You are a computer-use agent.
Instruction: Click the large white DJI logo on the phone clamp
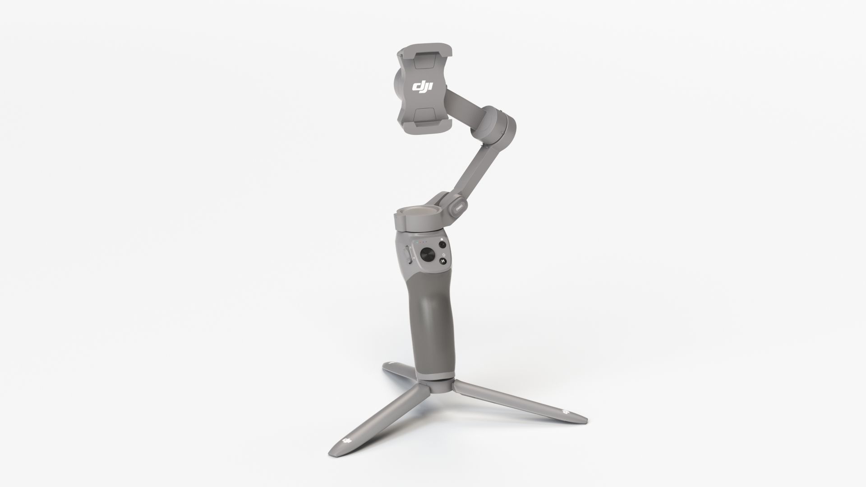pos(420,87)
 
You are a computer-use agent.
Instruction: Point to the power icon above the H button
pos(444,255)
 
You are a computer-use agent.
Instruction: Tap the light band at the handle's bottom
pos(436,373)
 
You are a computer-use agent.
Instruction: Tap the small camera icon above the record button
pos(441,239)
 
